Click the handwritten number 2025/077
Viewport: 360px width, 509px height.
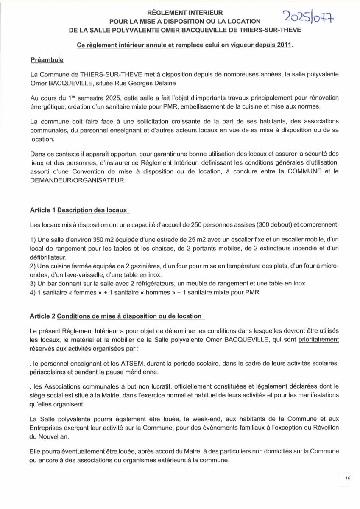(x=308, y=18)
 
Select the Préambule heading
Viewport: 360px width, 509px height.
(x=47, y=60)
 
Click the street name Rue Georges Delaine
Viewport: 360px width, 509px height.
(x=134, y=84)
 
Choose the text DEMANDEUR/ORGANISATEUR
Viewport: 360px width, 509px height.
(x=78, y=180)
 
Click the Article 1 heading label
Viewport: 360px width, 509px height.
(x=42, y=210)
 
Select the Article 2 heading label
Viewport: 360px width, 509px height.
(x=42, y=316)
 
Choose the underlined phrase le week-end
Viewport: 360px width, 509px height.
(x=202, y=419)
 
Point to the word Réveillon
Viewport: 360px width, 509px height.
(x=324, y=427)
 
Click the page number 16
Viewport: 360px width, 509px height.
(x=348, y=478)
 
